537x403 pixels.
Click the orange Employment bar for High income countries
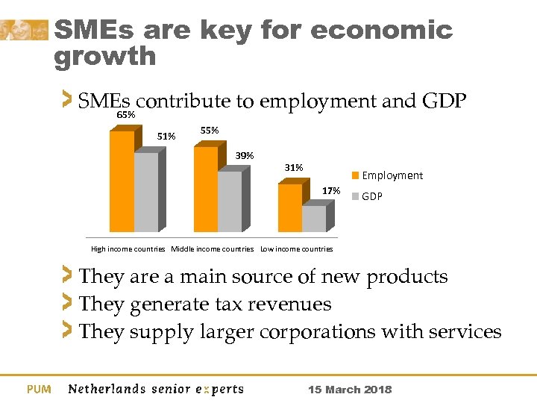pyautogui.click(x=122, y=181)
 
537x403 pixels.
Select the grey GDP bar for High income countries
pyautogui.click(x=146, y=192)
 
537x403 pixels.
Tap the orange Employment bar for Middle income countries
pyautogui.click(x=205, y=189)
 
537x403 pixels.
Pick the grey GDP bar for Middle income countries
pyautogui.click(x=230, y=201)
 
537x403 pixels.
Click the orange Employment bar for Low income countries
pyautogui.click(x=289, y=207)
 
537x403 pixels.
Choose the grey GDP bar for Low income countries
pyautogui.click(x=314, y=218)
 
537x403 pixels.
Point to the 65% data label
pyautogui.click(x=125, y=116)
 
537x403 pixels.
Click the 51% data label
pyautogui.click(x=166, y=136)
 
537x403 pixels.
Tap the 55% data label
pyautogui.click(x=210, y=131)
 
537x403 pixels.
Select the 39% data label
pyautogui.click(x=245, y=156)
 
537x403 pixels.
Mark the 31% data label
pyautogui.click(x=294, y=168)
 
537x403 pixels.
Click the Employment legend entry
pyautogui.click(x=388, y=175)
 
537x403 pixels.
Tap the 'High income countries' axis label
pyautogui.click(x=128, y=249)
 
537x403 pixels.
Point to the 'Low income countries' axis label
pyautogui.click(x=296, y=249)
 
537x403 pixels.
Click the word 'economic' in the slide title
pyautogui.click(x=382, y=31)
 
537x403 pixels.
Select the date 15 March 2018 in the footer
pyautogui.click(x=350, y=390)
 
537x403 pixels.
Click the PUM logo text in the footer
pyautogui.click(x=39, y=389)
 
